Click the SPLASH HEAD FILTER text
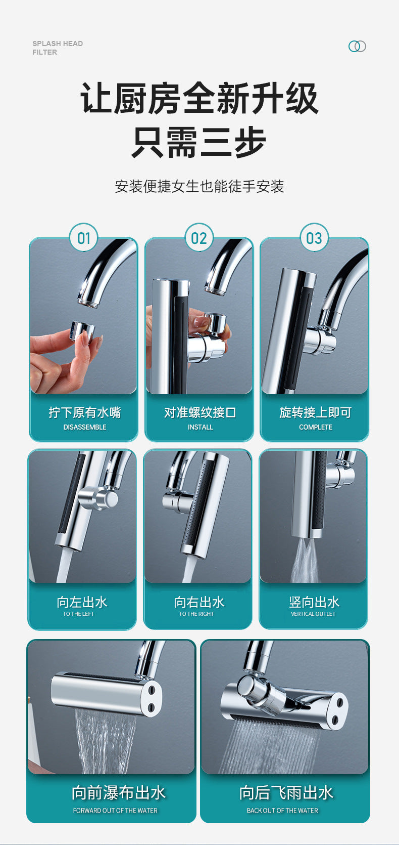(58, 48)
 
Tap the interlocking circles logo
(357, 46)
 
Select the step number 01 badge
(83, 238)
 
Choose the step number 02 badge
(199, 238)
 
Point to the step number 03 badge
(314, 238)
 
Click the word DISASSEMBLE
(85, 427)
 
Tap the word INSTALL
(200, 427)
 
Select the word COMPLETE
(316, 427)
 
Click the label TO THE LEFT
(78, 614)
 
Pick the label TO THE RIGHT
(196, 614)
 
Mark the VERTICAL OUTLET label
(313, 614)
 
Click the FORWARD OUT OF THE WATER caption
(115, 810)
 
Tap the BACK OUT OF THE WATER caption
(282, 810)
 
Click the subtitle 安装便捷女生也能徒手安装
(199, 186)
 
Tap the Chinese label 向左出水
(82, 602)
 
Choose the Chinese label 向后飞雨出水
(286, 792)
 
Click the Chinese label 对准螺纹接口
(200, 412)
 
